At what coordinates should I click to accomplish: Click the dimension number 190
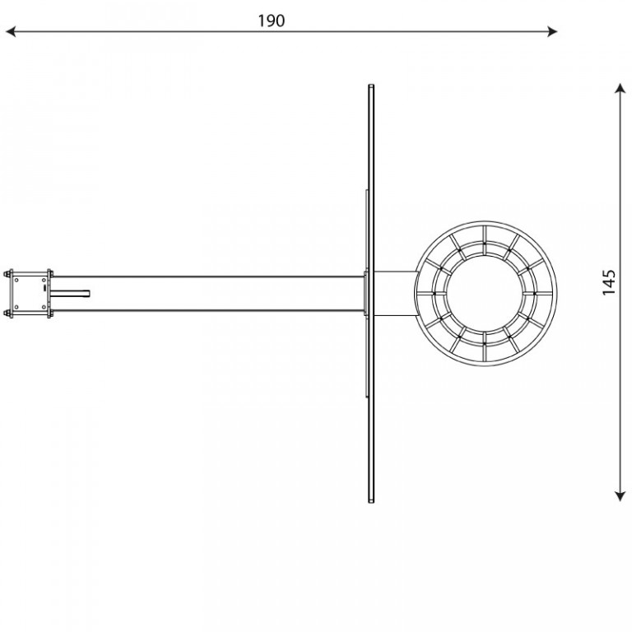coord(272,21)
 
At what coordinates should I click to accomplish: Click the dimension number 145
coord(609,282)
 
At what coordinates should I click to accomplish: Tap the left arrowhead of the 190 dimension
coord(11,31)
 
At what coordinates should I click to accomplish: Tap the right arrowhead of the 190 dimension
coord(552,31)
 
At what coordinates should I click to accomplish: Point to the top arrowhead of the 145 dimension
coord(620,88)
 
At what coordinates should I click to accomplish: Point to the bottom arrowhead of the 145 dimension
coord(620,496)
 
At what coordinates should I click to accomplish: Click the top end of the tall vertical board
coord(371,85)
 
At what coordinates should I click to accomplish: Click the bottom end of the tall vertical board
coord(371,502)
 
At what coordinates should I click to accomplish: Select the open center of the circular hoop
coord(485,294)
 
